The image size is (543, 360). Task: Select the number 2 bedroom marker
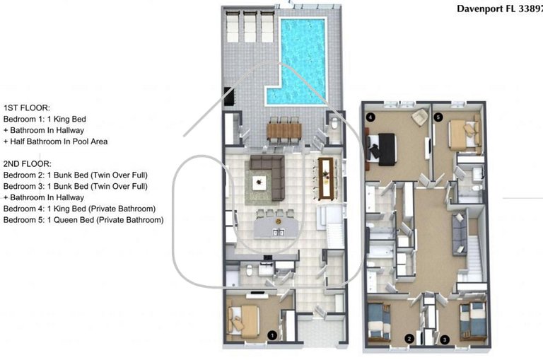(x=409, y=339)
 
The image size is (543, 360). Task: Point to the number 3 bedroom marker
(x=444, y=339)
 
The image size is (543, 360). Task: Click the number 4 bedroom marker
(x=370, y=117)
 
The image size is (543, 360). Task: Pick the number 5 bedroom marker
(x=438, y=117)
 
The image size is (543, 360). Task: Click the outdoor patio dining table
(x=284, y=131)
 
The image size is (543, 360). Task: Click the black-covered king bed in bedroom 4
(x=386, y=149)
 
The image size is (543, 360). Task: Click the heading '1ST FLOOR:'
(x=27, y=109)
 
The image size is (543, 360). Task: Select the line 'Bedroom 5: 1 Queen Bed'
(x=83, y=220)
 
